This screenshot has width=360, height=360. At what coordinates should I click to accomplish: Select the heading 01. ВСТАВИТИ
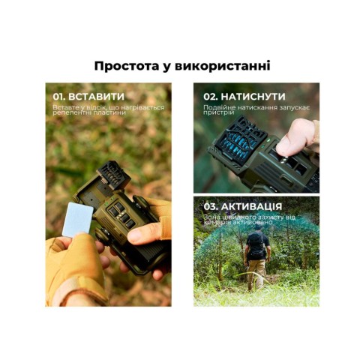88,97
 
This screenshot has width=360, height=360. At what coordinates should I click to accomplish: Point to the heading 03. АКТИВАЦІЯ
242,207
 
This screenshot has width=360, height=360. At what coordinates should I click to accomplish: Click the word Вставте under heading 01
63,107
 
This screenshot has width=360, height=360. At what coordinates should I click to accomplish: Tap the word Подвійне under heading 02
217,107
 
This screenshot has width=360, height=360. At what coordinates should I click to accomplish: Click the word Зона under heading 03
210,217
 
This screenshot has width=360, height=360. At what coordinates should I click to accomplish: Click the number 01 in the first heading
59,97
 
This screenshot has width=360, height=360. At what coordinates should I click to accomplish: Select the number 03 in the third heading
210,207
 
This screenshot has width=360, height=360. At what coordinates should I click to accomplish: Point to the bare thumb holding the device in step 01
143,233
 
